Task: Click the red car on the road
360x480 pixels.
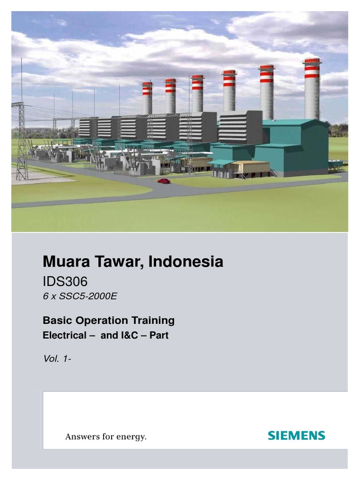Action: (x=164, y=181)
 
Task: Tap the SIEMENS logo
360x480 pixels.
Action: (x=296, y=435)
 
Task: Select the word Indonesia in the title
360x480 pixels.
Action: (x=186, y=262)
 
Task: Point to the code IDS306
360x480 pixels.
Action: (x=65, y=282)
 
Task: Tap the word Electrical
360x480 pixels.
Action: (x=64, y=336)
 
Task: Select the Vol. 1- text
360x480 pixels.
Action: (x=57, y=359)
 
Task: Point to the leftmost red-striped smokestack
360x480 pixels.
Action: (x=147, y=97)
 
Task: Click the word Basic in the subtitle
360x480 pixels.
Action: (x=55, y=321)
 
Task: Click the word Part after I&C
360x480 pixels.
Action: (x=159, y=336)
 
